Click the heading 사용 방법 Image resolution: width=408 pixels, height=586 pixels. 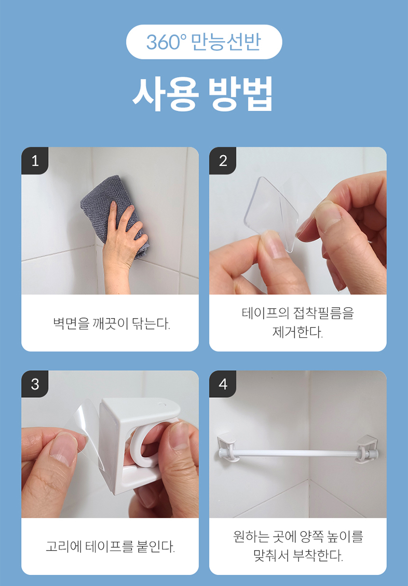click(x=203, y=94)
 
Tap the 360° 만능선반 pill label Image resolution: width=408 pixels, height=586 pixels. click(x=204, y=42)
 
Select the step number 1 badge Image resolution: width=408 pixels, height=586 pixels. click(x=35, y=161)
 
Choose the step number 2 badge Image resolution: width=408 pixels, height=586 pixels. click(x=223, y=161)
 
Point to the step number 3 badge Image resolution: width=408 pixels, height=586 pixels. click(x=35, y=384)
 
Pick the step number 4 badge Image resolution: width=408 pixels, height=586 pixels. click(x=223, y=384)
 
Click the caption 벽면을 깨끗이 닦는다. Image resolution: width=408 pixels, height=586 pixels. click(x=111, y=323)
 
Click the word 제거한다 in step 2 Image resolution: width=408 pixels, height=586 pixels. click(x=298, y=332)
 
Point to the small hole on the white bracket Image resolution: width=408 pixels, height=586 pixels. click(x=161, y=405)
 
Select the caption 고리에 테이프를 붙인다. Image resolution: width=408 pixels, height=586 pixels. click(x=110, y=547)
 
